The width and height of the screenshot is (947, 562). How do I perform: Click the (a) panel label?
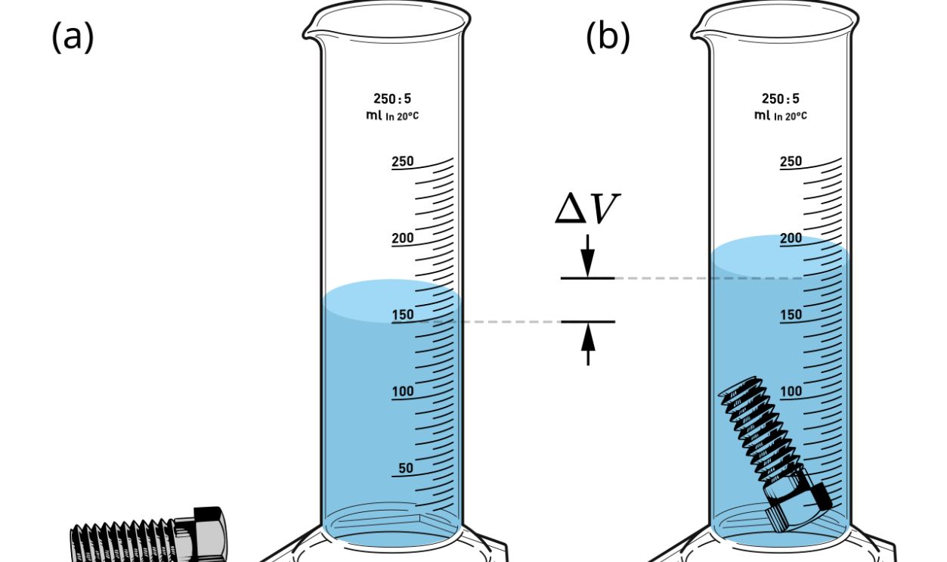pyautogui.click(x=73, y=37)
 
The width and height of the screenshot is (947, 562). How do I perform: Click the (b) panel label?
pyautogui.click(x=608, y=37)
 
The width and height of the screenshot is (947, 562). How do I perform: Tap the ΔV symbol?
pyautogui.click(x=588, y=209)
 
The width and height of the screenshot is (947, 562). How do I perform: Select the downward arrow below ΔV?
pyautogui.click(x=588, y=256)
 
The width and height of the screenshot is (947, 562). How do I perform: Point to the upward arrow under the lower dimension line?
pyautogui.click(x=588, y=344)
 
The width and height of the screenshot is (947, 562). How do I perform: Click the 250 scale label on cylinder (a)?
pyautogui.click(x=403, y=162)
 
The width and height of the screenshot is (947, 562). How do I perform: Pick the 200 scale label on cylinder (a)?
pyautogui.click(x=403, y=238)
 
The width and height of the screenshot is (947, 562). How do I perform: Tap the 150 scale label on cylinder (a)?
pyautogui.click(x=403, y=315)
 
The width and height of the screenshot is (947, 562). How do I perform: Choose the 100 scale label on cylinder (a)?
pyautogui.click(x=403, y=392)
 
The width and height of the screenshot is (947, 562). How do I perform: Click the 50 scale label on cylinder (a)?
pyautogui.click(x=406, y=468)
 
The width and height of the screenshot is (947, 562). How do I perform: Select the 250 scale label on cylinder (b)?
pyautogui.click(x=791, y=162)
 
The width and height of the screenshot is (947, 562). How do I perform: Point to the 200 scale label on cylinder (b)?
pyautogui.click(x=791, y=238)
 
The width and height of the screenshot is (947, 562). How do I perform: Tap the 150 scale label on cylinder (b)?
pyautogui.click(x=791, y=315)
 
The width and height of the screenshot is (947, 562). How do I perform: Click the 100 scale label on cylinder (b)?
pyautogui.click(x=791, y=392)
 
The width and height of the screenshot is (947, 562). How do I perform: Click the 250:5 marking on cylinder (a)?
pyautogui.click(x=392, y=98)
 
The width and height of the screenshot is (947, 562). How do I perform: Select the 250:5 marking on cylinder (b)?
pyautogui.click(x=781, y=98)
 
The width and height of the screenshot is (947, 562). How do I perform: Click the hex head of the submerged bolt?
pyautogui.click(x=799, y=508)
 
